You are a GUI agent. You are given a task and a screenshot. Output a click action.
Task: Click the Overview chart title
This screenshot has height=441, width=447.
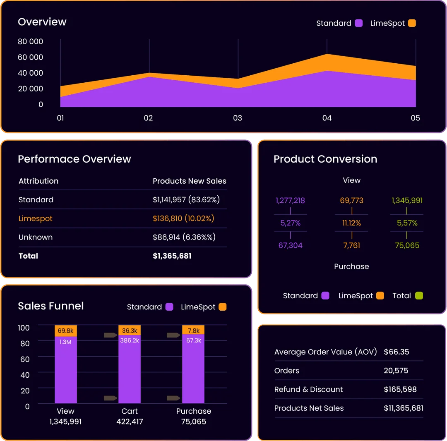point(42,22)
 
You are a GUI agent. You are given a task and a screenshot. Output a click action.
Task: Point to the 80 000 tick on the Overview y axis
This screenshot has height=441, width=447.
point(30,41)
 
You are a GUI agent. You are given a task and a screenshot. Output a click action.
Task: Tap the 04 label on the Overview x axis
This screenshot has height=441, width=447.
point(327,118)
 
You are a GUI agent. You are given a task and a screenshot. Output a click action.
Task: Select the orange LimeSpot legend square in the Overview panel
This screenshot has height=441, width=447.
point(412,23)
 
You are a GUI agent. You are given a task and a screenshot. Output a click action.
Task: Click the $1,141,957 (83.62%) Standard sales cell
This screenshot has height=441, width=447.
point(186,200)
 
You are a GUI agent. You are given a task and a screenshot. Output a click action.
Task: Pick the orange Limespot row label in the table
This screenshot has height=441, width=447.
point(36,218)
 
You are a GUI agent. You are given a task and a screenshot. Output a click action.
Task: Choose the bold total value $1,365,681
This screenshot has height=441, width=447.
point(172,256)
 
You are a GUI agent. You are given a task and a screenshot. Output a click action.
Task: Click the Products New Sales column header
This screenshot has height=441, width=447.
point(190,181)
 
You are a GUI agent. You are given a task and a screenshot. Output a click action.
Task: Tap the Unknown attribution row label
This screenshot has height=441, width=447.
point(36,237)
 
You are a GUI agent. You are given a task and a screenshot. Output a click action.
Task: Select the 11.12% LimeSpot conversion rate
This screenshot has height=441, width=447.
point(351,223)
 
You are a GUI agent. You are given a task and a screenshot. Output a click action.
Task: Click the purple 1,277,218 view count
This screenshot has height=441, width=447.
point(290,201)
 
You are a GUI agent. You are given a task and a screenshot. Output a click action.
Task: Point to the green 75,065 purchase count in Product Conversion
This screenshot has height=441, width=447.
point(407,245)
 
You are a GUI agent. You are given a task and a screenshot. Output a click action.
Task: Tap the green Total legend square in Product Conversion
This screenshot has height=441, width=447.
point(419,296)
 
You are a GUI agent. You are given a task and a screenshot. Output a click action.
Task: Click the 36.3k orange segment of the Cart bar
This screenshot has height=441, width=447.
point(130,331)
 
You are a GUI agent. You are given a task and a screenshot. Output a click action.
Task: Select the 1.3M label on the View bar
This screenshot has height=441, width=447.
point(65,342)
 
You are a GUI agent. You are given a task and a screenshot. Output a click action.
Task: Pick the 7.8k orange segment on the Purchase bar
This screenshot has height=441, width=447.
point(193,331)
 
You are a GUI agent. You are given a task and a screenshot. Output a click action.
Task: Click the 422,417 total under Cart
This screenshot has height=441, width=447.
point(130,422)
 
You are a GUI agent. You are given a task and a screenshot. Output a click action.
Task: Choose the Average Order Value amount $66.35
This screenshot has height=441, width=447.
point(396,352)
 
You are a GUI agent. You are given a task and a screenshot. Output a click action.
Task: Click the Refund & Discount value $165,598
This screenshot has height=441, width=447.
point(400,389)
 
